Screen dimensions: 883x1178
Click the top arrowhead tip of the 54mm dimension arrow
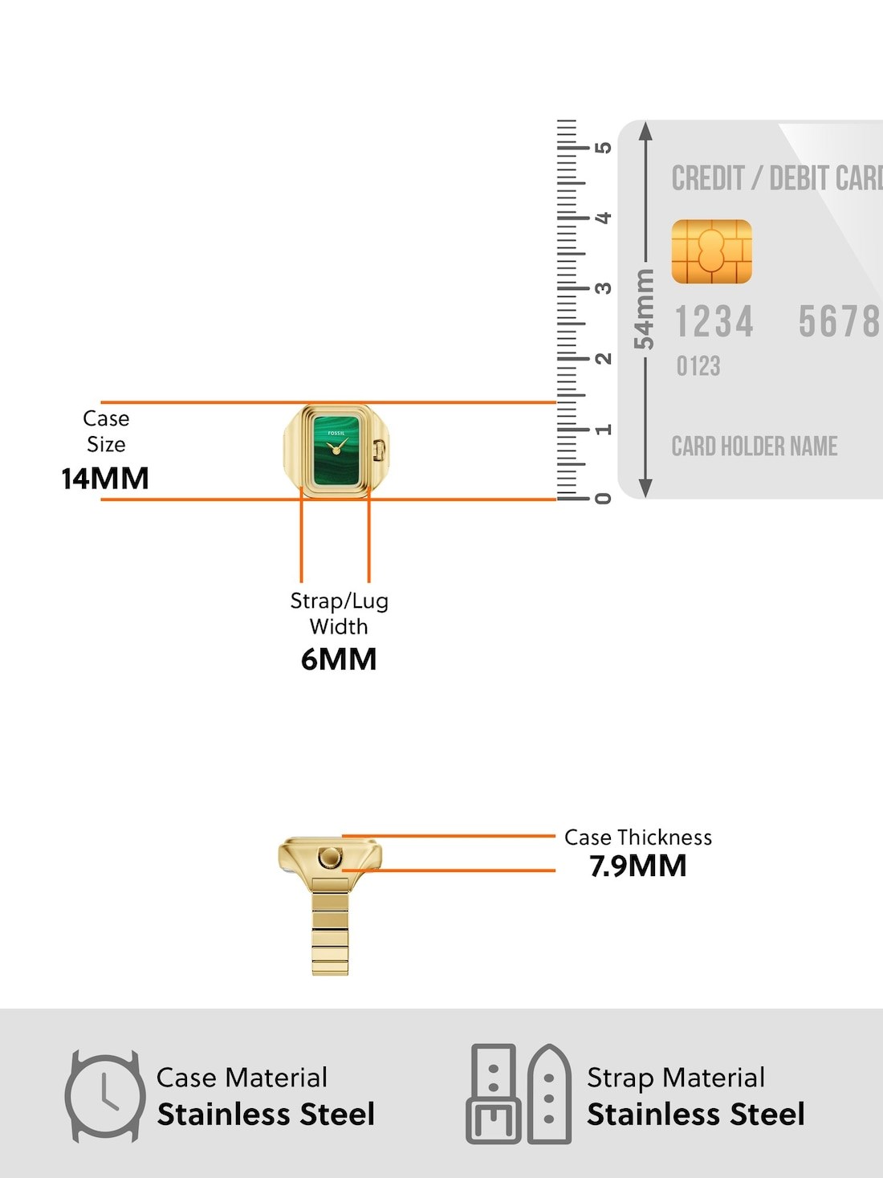pyautogui.click(x=646, y=122)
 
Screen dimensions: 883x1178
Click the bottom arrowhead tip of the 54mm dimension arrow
pyautogui.click(x=646, y=498)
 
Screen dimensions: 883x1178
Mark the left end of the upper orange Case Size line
pyautogui.click(x=101, y=402)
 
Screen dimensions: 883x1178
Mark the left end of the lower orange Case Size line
pyautogui.click(x=101, y=499)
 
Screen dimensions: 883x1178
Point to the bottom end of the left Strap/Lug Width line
pyautogui.click(x=302, y=582)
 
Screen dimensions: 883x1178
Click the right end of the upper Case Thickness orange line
pyautogui.click(x=555, y=836)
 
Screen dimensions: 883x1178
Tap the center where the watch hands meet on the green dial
pyautogui.click(x=336, y=450)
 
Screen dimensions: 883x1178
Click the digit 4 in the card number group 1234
pyautogui.click(x=744, y=322)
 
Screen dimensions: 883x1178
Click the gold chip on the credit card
pyautogui.click(x=711, y=251)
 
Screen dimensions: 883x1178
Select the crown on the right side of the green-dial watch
pyautogui.click(x=380, y=449)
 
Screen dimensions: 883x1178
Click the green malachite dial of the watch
pyautogui.click(x=336, y=450)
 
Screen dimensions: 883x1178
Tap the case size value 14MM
pyautogui.click(x=105, y=479)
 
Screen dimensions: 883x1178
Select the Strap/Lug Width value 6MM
pyautogui.click(x=339, y=659)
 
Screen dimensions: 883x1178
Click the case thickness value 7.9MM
pyautogui.click(x=638, y=866)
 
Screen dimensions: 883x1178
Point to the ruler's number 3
pyautogui.click(x=604, y=288)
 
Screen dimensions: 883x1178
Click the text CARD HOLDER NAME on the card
pyautogui.click(x=755, y=446)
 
